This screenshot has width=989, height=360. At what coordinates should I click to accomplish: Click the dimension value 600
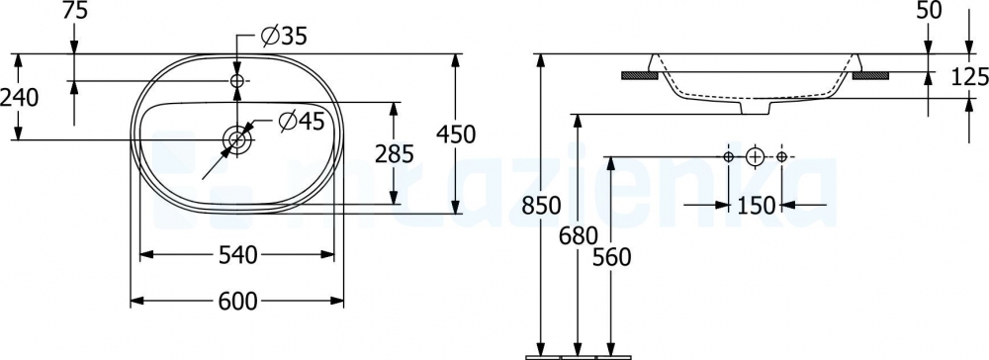[x=237, y=302]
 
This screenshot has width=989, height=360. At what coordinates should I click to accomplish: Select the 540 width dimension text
[x=237, y=255]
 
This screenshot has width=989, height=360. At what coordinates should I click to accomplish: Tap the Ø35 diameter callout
[x=284, y=38]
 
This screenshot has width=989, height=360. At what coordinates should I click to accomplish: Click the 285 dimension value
[x=395, y=154]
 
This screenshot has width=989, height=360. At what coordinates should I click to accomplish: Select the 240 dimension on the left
[x=20, y=98]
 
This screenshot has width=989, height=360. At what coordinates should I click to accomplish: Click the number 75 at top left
[x=74, y=11]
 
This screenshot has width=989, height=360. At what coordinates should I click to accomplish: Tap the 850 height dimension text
[x=542, y=206]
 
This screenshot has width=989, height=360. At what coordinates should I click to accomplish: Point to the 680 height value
[x=578, y=235]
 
